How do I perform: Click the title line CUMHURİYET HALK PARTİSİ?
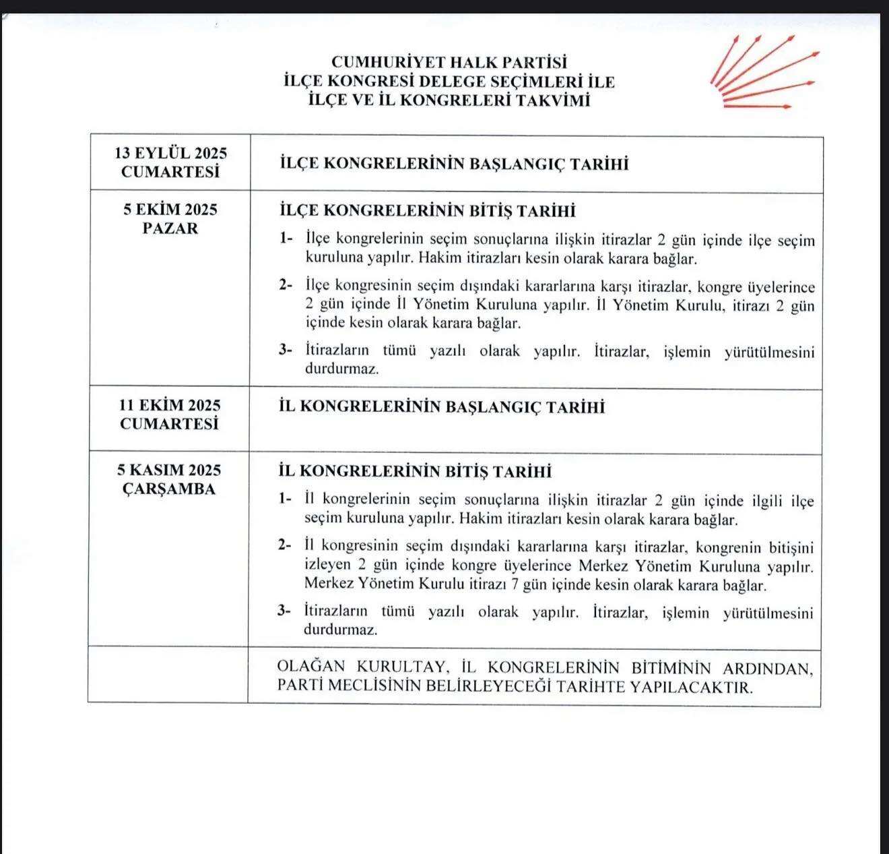pos(449,63)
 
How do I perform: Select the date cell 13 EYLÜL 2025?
pos(170,153)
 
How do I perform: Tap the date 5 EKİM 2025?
pos(170,210)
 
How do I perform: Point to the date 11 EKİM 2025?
pos(170,405)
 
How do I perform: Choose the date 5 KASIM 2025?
pos(169,470)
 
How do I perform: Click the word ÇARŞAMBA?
pos(169,489)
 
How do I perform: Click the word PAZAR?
pos(170,228)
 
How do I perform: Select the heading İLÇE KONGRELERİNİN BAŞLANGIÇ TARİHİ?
pos(453,164)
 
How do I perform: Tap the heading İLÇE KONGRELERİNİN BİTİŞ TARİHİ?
pos(427,211)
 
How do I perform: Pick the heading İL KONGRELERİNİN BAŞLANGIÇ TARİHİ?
pos(441,407)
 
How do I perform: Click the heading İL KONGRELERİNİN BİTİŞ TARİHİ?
pos(415,471)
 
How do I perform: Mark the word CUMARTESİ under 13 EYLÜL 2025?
pos(170,172)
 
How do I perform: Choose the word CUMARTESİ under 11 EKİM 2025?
pos(170,424)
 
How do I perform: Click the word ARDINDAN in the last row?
pos(768,668)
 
